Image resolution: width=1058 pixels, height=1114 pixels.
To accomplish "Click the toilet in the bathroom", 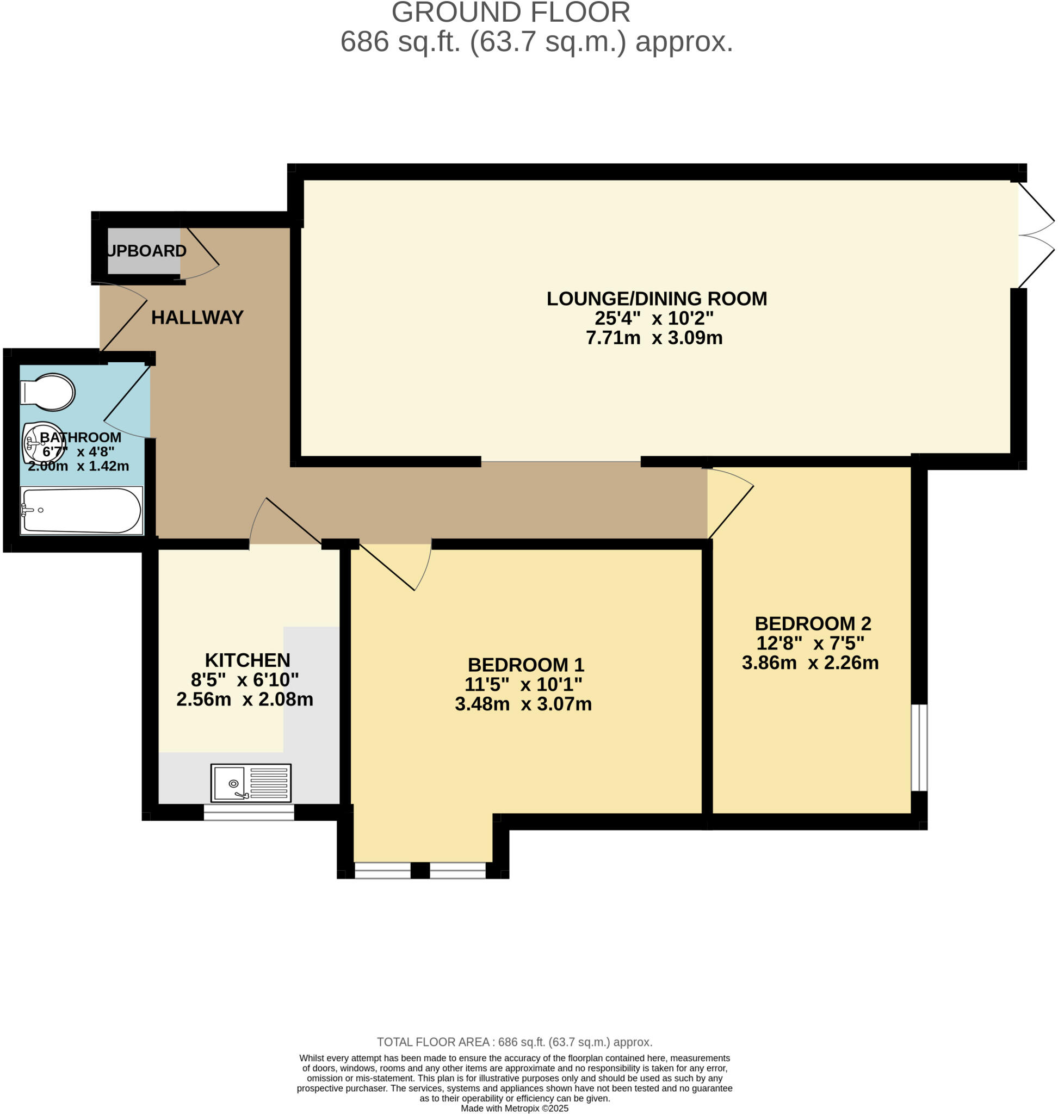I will click(x=48, y=392).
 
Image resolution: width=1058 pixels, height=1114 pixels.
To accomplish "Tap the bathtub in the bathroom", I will click(x=82, y=510).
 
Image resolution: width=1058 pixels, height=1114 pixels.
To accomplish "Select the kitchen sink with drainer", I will click(x=251, y=783).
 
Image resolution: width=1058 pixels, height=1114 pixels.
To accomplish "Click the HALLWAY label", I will click(x=197, y=318).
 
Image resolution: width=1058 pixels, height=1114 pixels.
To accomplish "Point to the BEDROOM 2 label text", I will click(x=813, y=624).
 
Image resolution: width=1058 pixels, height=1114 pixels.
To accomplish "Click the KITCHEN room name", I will click(x=248, y=660).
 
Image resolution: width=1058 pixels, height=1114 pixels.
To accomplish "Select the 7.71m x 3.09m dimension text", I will click(x=654, y=338).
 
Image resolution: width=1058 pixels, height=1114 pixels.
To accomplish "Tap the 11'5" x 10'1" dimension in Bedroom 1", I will click(x=523, y=684).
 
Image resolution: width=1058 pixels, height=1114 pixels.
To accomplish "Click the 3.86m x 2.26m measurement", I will click(x=810, y=663).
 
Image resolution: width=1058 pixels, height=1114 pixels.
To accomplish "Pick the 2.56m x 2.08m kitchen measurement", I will click(x=245, y=700).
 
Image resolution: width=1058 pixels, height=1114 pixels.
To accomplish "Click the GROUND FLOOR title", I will click(x=511, y=13).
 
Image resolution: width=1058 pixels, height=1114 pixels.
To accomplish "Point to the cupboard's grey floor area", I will click(x=144, y=251).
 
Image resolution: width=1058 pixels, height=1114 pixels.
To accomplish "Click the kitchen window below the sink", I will click(x=249, y=812).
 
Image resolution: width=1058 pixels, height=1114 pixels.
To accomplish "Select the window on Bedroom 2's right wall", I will click(x=919, y=747).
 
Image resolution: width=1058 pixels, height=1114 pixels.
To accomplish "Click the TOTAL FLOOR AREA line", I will click(x=515, y=1042).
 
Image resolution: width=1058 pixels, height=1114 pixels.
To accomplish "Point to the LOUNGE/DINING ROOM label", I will click(x=657, y=299).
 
